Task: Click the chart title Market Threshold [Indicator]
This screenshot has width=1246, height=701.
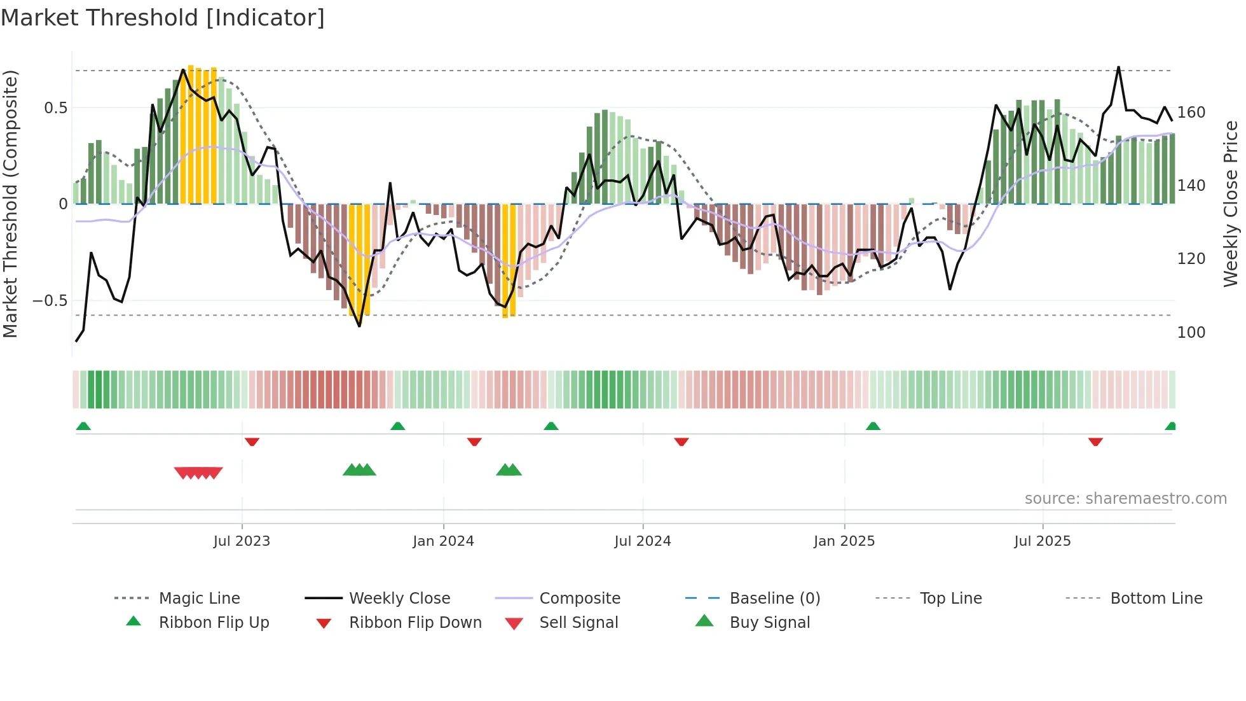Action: tap(163, 18)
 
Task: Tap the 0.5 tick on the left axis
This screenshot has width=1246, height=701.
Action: tap(55, 108)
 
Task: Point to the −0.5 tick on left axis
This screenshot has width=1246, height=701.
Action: tap(50, 301)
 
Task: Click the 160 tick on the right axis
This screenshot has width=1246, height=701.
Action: tap(1191, 113)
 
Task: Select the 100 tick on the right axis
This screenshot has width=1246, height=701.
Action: tap(1191, 333)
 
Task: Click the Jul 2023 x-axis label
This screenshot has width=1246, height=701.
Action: tap(242, 541)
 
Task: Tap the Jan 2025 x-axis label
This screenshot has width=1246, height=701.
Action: tap(844, 541)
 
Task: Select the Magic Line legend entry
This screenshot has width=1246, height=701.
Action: tap(199, 599)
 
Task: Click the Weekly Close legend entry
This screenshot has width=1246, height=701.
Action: tap(399, 599)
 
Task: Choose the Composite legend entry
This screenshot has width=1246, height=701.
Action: tap(579, 599)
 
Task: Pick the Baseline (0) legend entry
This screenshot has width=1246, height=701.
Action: tap(774, 599)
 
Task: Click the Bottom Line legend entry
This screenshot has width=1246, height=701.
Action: tap(1156, 599)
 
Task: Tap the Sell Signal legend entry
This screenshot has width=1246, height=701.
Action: tap(578, 623)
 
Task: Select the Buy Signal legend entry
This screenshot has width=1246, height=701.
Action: tap(769, 623)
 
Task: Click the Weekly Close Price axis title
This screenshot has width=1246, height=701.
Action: tap(1231, 204)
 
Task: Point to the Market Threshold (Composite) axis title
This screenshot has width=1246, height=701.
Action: tap(10, 204)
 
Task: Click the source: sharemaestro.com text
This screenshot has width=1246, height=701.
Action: tap(1125, 499)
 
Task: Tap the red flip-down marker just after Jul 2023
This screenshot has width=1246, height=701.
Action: tap(252, 441)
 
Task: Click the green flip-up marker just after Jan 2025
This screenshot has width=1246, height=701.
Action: tap(873, 426)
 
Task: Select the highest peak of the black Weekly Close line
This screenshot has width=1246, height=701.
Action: tap(1118, 67)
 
